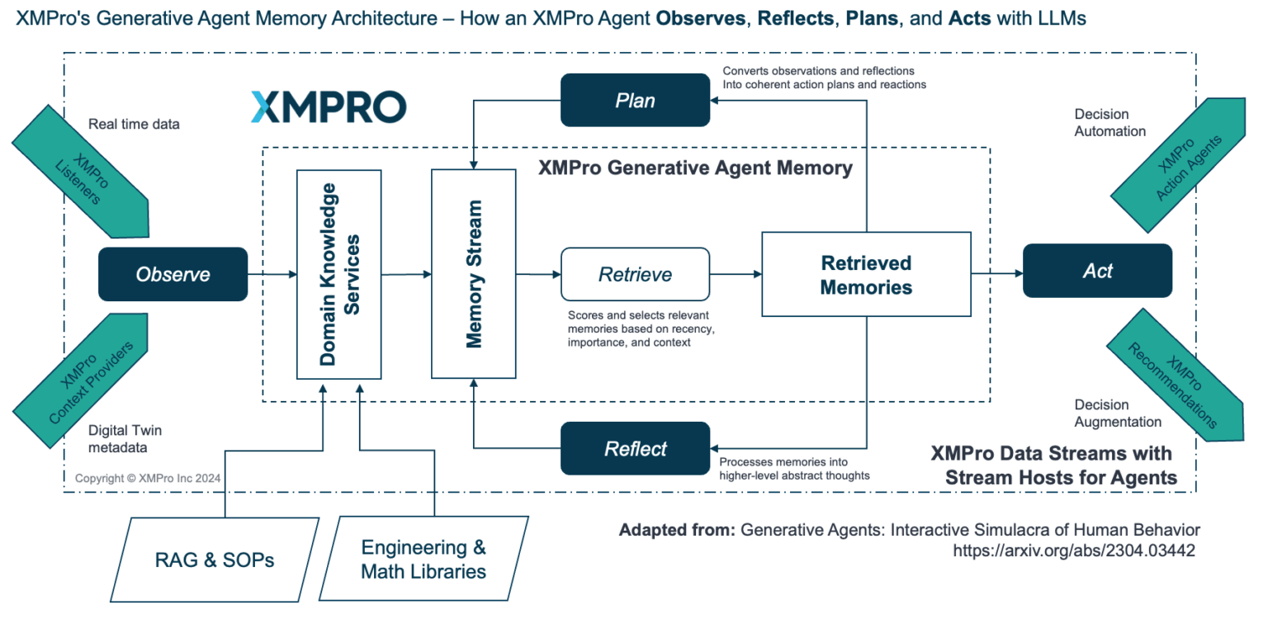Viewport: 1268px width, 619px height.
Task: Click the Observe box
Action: pyautogui.click(x=173, y=274)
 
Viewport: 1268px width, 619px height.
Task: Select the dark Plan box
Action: pyautogui.click(x=635, y=100)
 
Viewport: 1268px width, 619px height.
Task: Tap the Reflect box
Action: pyautogui.click(x=635, y=448)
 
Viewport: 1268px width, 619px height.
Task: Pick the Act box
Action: pyautogui.click(x=1097, y=271)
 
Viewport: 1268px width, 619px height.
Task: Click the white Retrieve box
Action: pyautogui.click(x=635, y=274)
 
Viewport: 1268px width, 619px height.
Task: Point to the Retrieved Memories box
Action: pyautogui.click(x=866, y=274)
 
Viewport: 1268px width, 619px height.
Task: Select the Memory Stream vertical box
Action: pyautogui.click(x=473, y=274)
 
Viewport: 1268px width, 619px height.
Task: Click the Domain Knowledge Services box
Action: pyautogui.click(x=339, y=274)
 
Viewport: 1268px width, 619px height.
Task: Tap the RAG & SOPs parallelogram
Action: pyautogui.click(x=215, y=560)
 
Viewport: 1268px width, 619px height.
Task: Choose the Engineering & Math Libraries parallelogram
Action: pyautogui.click(x=423, y=559)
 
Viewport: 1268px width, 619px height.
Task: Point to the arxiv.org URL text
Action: pyautogui.click(x=1073, y=550)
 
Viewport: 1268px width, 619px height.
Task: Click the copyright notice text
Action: pyautogui.click(x=148, y=478)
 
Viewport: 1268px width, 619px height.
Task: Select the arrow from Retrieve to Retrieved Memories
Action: pyautogui.click(x=736, y=274)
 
